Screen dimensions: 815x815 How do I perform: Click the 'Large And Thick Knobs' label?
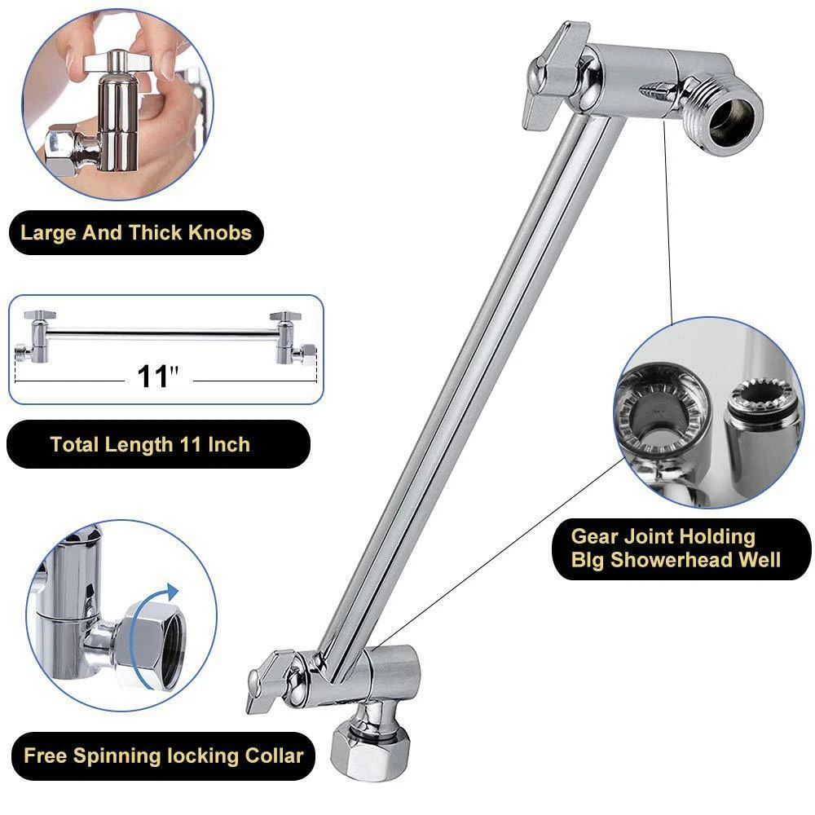(136, 233)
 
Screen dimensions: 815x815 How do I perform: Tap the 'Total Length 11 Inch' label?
(150, 444)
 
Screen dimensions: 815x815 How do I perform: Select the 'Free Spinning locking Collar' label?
(163, 755)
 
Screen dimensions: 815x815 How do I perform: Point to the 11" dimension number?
(157, 377)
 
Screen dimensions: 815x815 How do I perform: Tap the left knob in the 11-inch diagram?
(37, 315)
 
